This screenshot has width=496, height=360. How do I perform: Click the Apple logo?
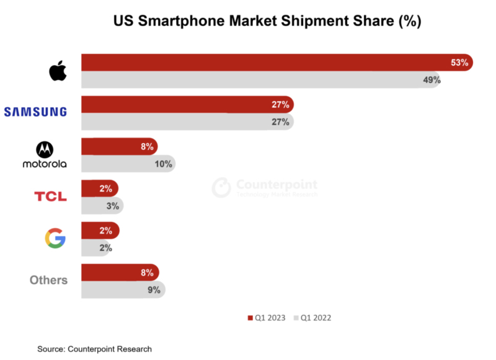coord(58,71)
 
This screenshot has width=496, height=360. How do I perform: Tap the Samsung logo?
coord(35,112)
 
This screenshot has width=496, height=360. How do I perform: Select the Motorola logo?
coord(44,155)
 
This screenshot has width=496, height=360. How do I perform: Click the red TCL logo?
coord(50,196)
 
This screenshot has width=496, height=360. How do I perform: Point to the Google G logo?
coord(55,239)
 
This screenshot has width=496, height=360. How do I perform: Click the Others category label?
coord(48,280)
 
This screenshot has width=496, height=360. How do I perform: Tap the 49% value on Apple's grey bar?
coord(432,80)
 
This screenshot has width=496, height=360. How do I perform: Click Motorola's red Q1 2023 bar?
coord(118,147)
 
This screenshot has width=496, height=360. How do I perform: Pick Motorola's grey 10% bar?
coord(127,164)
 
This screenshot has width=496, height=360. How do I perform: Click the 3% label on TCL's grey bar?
coord(113,206)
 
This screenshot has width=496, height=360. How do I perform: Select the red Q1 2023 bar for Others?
coord(119,273)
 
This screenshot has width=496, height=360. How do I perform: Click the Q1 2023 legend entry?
coord(267,318)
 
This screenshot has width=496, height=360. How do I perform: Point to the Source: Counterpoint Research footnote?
coord(94,349)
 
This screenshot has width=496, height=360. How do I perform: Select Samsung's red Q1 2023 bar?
coord(186,105)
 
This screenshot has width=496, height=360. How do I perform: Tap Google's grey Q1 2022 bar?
coord(97,248)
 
